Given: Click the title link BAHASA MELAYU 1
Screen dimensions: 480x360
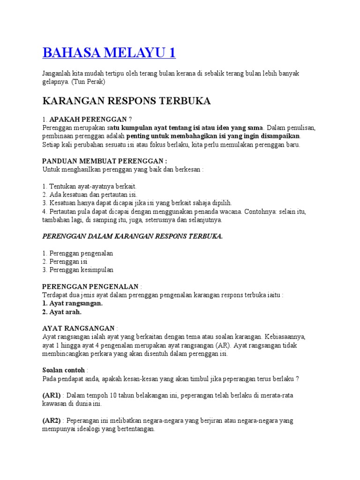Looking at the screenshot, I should [109, 52].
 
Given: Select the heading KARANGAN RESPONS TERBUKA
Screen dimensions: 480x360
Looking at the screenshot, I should [127, 101].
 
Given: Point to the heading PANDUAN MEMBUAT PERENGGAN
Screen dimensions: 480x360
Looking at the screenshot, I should [105, 161].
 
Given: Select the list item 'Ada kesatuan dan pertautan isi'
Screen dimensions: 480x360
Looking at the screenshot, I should [90, 195].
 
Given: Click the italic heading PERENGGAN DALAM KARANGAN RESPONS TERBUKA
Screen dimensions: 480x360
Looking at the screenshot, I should [132, 236].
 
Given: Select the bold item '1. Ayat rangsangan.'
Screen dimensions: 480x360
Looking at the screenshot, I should [72, 303].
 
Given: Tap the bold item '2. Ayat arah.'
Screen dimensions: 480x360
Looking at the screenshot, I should [62, 312].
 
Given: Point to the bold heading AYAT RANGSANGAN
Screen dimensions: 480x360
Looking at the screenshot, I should [78, 328].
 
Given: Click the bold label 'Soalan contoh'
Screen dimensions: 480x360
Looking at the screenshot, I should [64, 370].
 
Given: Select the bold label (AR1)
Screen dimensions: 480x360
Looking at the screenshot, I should [52, 395].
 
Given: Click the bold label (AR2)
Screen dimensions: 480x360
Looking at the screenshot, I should [52, 420].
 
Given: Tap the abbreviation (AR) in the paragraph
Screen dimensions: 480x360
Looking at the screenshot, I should [218, 345].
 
